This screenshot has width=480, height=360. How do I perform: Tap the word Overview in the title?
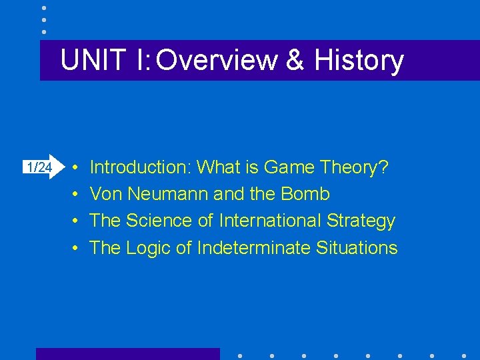[216, 60]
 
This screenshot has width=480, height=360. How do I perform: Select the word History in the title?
[359, 60]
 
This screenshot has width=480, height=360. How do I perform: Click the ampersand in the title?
[293, 60]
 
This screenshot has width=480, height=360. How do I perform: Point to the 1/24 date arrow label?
[38, 167]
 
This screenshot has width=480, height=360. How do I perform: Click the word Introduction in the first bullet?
[141, 167]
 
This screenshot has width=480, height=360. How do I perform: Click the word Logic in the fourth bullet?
[148, 248]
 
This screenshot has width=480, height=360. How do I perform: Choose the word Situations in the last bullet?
[357, 248]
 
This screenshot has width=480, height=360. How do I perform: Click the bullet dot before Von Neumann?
[77, 195]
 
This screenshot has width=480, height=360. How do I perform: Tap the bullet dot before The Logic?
[77, 249]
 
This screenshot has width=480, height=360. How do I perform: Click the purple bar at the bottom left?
[127, 354]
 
